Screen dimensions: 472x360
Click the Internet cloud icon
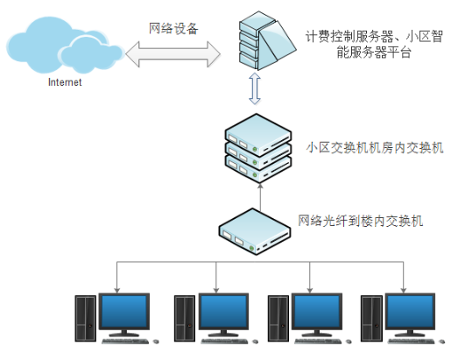(65, 46)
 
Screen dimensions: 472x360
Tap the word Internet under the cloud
(65, 82)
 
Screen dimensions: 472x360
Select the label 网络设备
(173, 29)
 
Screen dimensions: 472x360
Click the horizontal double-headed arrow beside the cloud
(173, 54)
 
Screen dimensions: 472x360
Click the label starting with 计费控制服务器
(374, 45)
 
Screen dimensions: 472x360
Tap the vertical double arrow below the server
(255, 88)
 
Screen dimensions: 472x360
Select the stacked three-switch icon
(258, 148)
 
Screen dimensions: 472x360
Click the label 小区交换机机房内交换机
(375, 148)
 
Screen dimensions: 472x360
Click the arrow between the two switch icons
(260, 197)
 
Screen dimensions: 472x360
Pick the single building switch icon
(255, 232)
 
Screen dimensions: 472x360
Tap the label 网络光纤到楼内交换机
(360, 221)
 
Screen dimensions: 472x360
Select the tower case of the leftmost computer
(86, 319)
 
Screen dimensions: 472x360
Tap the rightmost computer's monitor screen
(410, 312)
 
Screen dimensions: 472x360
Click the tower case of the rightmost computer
(371, 319)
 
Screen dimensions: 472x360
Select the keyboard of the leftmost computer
(125, 342)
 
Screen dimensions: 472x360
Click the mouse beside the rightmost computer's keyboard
(442, 342)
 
